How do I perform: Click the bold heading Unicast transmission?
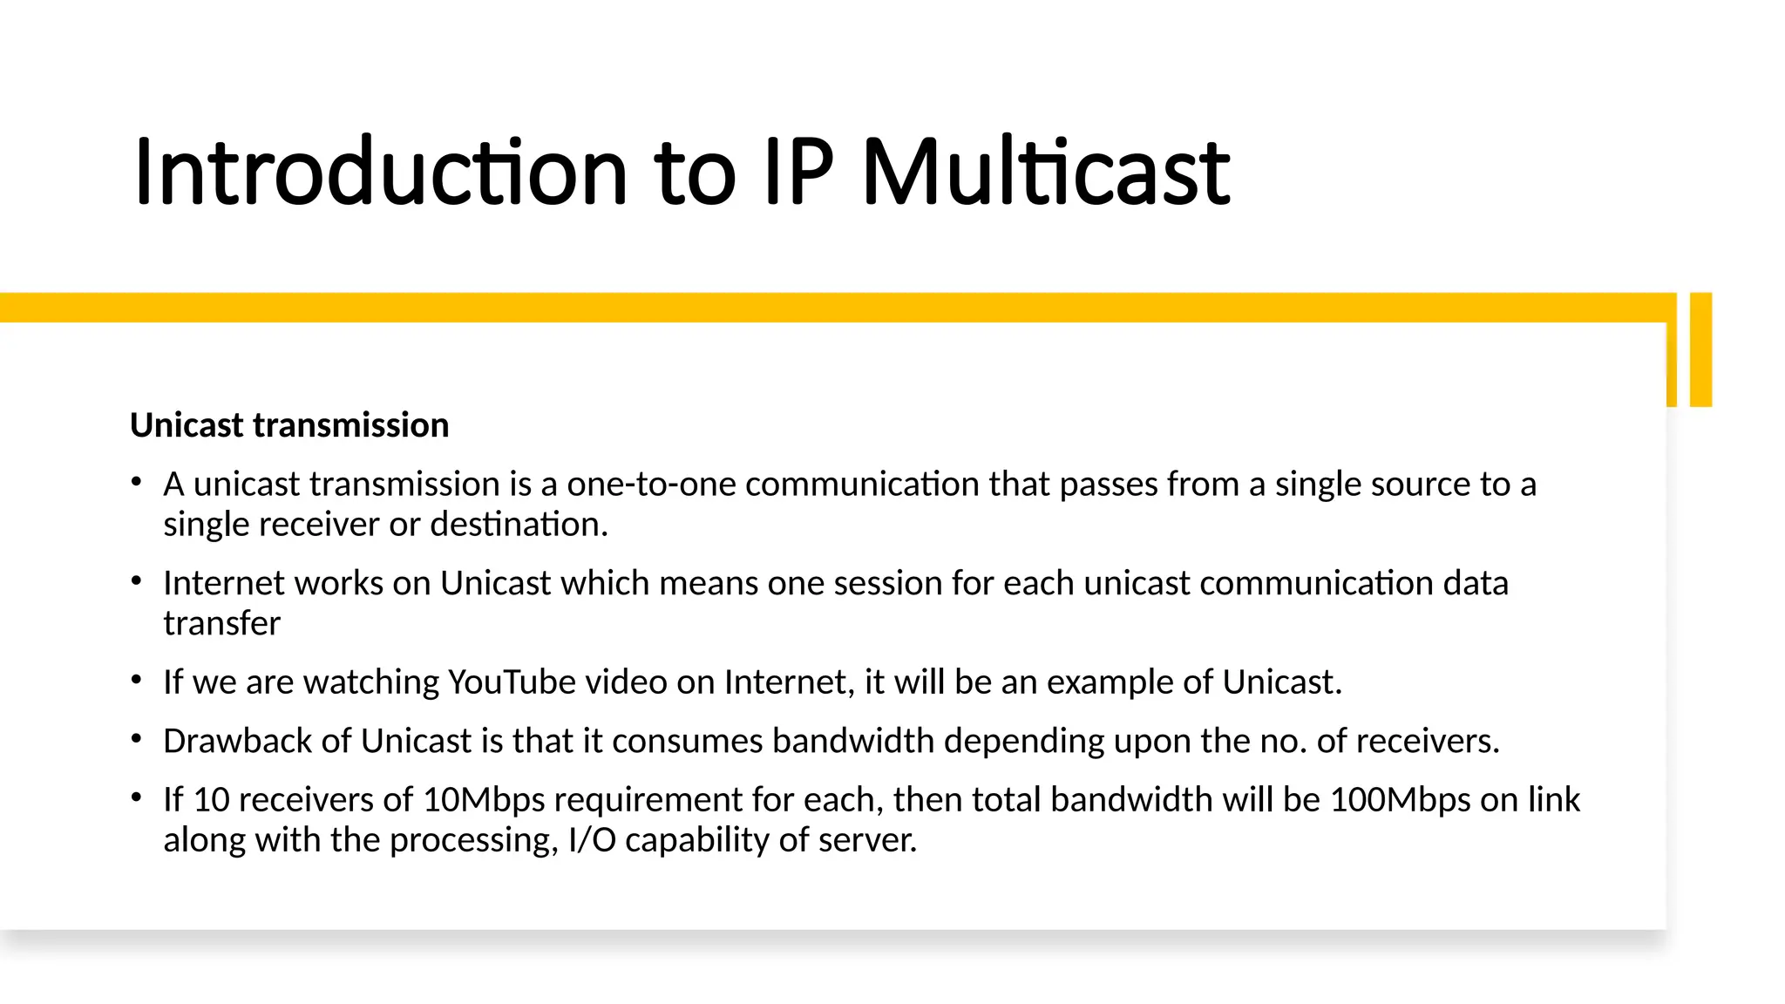(289, 425)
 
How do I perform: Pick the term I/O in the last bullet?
(592, 839)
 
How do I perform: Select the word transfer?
(221, 623)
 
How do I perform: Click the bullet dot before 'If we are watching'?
(136, 679)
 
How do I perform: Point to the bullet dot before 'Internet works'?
(136, 580)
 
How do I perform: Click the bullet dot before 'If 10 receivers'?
(136, 797)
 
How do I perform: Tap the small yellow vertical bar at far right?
(1700, 349)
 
